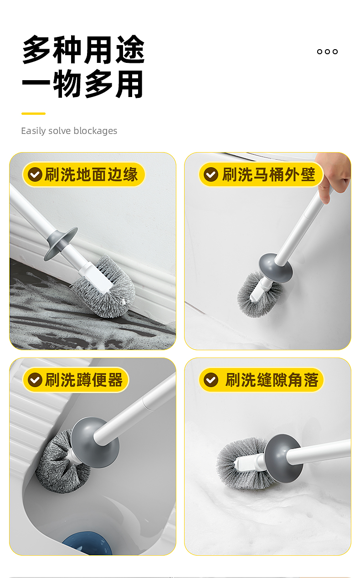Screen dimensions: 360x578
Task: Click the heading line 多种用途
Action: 83,50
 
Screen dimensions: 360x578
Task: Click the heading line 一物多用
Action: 82,84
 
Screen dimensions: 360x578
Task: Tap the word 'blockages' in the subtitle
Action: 95,131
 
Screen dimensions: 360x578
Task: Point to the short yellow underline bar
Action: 33,113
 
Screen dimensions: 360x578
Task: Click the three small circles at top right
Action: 327,51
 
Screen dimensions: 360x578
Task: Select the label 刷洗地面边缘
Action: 91,174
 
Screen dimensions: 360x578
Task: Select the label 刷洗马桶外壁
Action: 268,174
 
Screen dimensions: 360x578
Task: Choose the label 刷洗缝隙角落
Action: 272,380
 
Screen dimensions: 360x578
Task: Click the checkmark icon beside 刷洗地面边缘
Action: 35,174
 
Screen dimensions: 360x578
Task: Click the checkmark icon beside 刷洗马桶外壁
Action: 211,174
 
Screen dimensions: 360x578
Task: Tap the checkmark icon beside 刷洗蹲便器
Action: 35,380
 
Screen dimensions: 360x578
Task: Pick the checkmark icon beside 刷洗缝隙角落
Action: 211,380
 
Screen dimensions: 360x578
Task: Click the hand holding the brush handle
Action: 333,175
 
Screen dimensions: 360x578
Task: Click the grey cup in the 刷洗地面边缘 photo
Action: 61,243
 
